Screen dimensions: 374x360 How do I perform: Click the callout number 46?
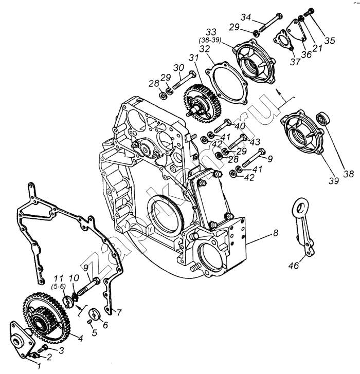294,265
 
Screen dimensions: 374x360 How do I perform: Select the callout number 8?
276,233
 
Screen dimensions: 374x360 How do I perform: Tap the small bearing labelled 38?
323,118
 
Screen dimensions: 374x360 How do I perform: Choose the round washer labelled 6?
94,315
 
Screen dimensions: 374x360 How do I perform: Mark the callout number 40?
240,126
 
